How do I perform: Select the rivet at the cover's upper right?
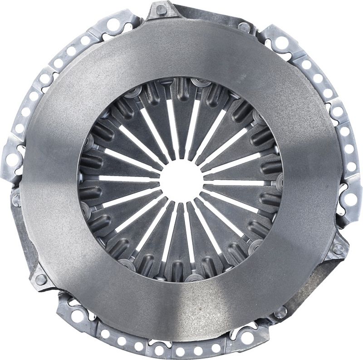coord(245,27)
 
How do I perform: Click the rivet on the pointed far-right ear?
coord(338,249)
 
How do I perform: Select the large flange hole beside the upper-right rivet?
coord(281,43)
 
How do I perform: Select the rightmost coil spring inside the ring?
coord(280,182)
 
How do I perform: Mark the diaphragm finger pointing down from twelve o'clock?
coord(181,123)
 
